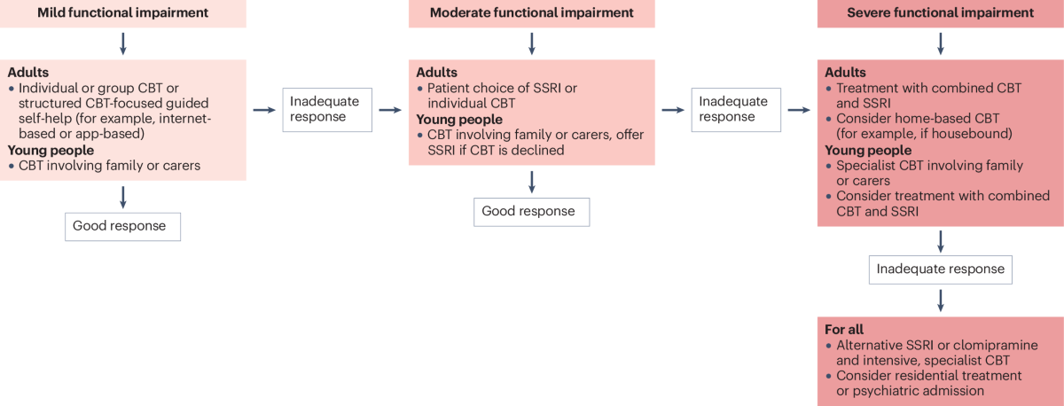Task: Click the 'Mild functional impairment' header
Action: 123,13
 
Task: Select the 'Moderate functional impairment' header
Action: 531,13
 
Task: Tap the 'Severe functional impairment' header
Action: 941,13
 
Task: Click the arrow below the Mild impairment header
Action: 123,43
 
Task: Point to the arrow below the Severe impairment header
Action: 941,43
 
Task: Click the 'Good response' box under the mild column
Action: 122,227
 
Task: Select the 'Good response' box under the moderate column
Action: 531,212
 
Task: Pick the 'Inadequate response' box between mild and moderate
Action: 327,110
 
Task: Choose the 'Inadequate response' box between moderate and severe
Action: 736,110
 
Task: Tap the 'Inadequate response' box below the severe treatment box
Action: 941,269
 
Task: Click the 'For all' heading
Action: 844,330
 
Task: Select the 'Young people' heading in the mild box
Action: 51,150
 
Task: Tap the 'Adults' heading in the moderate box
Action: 436,72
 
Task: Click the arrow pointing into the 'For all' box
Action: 941,301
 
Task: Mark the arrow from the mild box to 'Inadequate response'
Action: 264,110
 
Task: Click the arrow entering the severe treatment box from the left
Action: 799,110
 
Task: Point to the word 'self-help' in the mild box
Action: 45,118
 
